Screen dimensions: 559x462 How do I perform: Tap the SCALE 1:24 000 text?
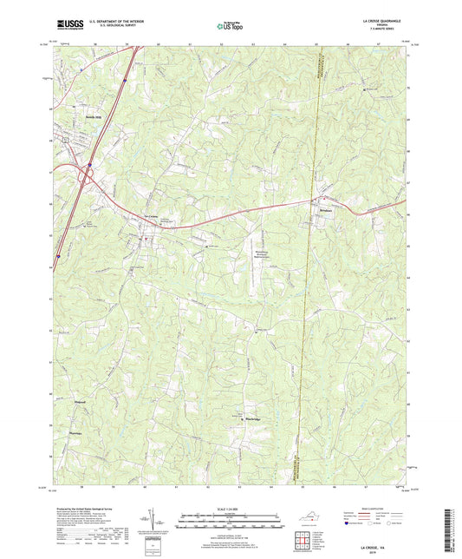click(230, 507)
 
